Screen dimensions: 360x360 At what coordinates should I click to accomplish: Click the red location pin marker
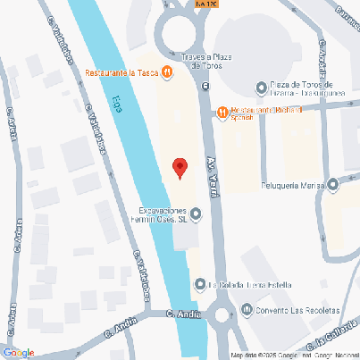click(x=180, y=167)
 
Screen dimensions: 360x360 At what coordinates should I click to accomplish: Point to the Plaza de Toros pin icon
click(x=260, y=88)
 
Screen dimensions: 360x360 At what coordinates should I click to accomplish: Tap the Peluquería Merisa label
click(x=291, y=186)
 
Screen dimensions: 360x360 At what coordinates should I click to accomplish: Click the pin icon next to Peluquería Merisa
click(x=333, y=186)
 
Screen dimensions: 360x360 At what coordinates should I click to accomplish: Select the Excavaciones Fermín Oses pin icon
click(x=196, y=213)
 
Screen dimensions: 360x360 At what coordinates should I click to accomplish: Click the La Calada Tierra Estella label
click(x=249, y=286)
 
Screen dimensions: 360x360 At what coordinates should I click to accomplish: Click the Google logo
click(x=18, y=353)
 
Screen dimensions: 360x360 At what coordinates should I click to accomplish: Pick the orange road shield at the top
click(x=205, y=4)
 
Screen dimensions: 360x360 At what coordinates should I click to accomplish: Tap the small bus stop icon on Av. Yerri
click(x=205, y=87)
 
